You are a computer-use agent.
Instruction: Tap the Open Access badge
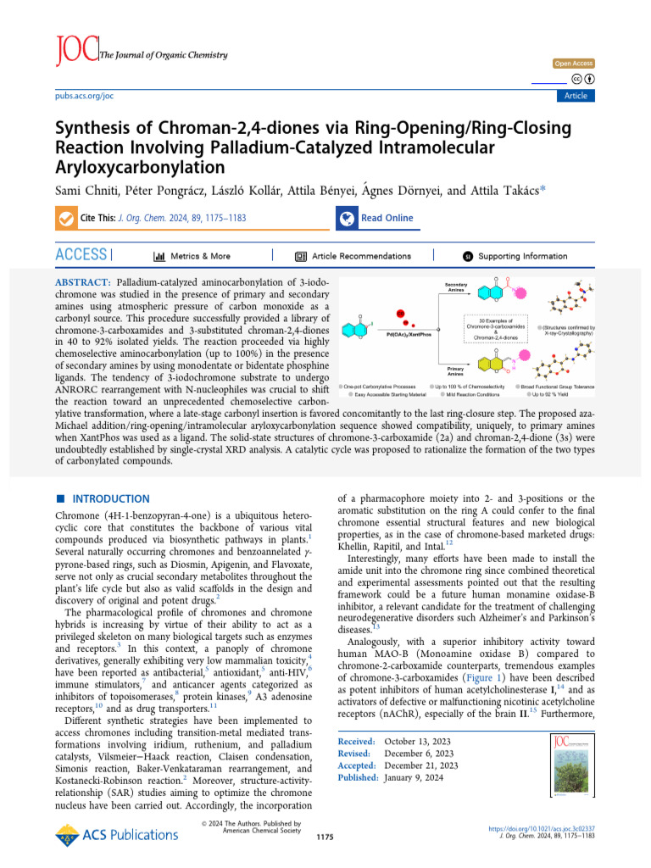coord(574,64)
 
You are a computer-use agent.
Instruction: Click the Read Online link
coord(387,218)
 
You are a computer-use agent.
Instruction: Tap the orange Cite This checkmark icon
coord(64,219)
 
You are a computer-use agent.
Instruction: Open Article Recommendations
coord(361,256)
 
